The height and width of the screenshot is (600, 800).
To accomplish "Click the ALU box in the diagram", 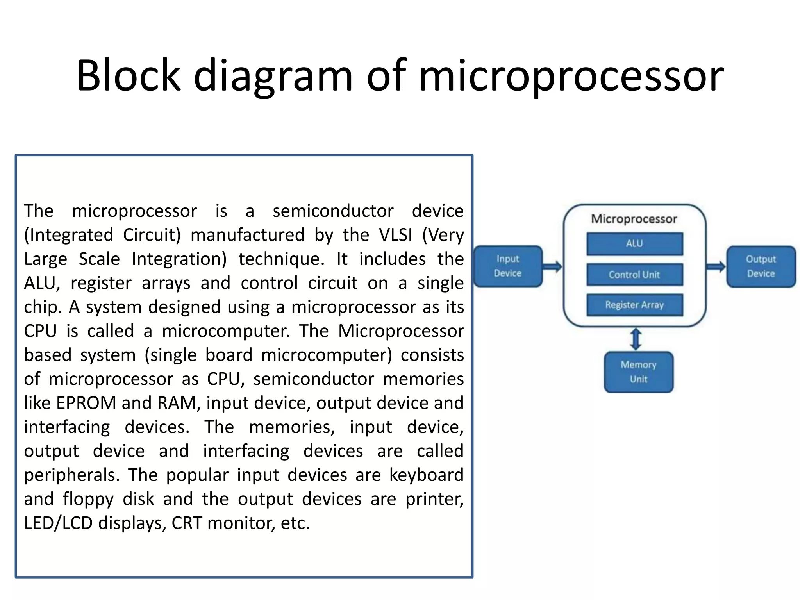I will click(x=634, y=244).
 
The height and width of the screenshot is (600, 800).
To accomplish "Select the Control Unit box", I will click(x=634, y=275).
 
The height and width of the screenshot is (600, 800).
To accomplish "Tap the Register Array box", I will click(x=634, y=305).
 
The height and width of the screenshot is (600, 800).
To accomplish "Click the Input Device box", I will click(x=508, y=266).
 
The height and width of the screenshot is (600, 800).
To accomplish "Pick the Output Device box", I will click(x=761, y=266).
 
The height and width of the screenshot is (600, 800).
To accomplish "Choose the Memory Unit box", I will click(x=639, y=372).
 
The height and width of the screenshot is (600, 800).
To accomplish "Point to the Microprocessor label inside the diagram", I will click(x=634, y=219).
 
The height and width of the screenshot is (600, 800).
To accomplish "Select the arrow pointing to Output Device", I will click(x=716, y=267).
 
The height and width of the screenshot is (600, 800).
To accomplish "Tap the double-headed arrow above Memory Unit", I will click(x=636, y=339).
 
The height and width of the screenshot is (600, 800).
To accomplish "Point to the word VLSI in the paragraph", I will click(x=395, y=235).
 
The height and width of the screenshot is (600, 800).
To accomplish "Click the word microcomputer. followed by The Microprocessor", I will click(x=226, y=331).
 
